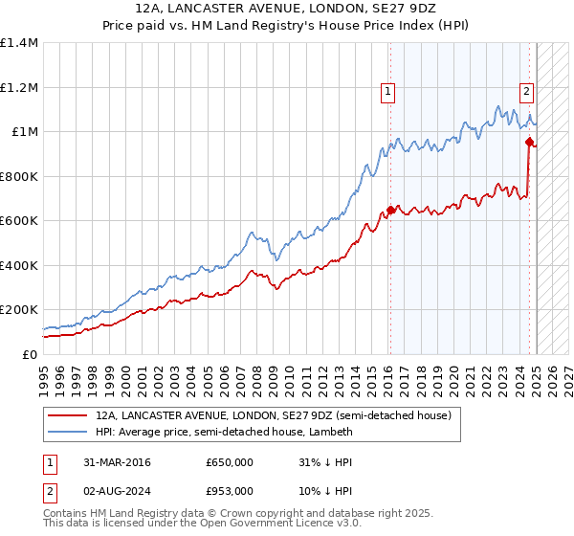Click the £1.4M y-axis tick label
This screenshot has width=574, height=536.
(19, 43)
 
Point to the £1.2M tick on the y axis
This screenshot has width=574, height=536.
(19, 87)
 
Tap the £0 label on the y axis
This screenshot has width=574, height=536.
(28, 354)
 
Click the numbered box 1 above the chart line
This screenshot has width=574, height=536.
(388, 92)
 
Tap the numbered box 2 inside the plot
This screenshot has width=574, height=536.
(526, 92)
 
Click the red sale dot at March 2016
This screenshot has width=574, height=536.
(389, 210)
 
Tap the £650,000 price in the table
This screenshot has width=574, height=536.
(230, 462)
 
